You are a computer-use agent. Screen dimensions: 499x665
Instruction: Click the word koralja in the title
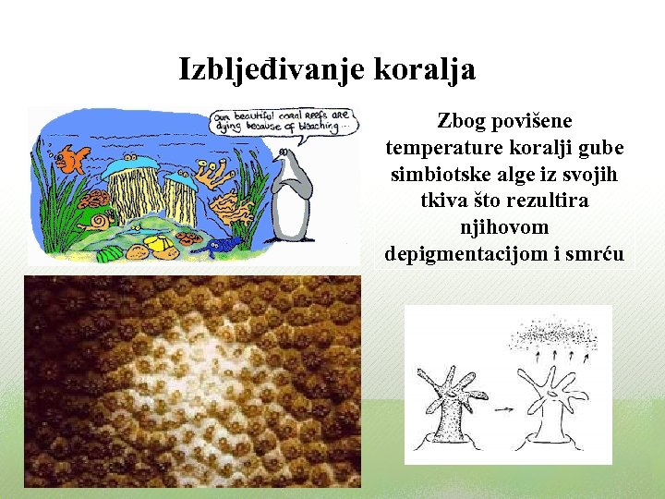pos(426,69)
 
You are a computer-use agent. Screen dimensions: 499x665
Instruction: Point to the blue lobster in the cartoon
pos(222,245)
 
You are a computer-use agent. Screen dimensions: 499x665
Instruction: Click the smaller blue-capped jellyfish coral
pos(180,199)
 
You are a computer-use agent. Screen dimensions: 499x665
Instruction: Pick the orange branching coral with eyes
pos(216,180)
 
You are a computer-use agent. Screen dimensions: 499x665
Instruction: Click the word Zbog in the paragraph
pos(460,121)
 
